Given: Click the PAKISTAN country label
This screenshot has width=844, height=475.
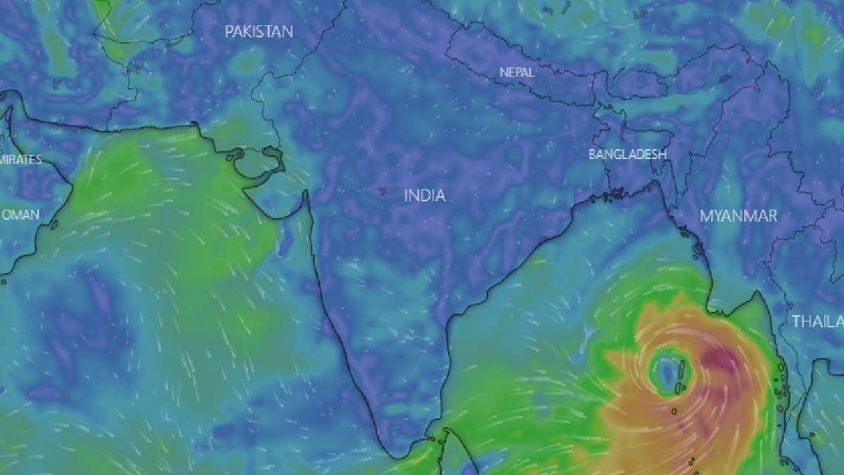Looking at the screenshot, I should point(259,32).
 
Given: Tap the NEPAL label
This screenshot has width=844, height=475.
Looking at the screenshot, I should point(517,72).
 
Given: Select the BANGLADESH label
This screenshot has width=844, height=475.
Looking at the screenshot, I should point(627,154).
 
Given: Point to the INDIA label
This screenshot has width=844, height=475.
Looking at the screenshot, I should point(425,196).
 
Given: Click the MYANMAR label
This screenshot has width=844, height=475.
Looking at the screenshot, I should point(738,216).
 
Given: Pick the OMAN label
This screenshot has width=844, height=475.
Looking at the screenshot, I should point(20,215).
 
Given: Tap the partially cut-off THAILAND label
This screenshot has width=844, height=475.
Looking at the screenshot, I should point(818,322).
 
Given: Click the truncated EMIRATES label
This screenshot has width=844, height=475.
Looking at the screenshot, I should point(20,160).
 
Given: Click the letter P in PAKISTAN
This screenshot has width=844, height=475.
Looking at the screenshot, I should point(229,32).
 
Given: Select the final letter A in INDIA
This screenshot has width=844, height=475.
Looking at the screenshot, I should point(440,196).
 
